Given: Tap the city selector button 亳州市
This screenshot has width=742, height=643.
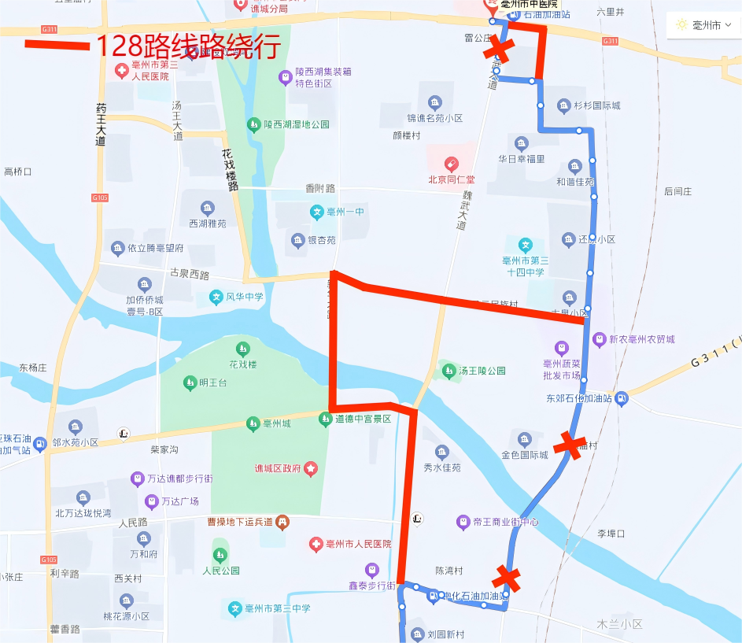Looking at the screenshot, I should tap(704, 25).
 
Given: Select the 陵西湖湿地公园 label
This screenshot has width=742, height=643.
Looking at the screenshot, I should tap(297, 124).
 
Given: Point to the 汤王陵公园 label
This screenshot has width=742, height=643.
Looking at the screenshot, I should tap(482, 370).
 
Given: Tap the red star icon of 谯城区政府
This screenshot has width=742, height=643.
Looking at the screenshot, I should tap(311, 469).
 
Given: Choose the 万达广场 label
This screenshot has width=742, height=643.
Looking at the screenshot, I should tap(179, 501).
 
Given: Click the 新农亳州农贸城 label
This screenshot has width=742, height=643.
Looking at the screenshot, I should tap(644, 339).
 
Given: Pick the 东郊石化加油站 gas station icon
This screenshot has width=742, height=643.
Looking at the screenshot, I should tap(622, 398).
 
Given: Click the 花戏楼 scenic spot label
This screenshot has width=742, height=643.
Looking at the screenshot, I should tap(243, 364).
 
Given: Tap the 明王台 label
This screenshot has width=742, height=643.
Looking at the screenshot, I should tap(212, 383).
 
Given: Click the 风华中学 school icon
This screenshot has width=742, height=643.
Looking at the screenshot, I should tap(216, 297).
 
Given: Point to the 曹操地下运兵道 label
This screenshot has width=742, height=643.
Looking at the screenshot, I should tap(239, 522).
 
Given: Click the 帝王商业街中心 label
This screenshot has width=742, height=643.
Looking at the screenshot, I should tap(505, 522).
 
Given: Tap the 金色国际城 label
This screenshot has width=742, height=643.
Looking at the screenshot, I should tap(525, 455).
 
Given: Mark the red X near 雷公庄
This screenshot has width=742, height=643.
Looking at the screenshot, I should tap(498, 51).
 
